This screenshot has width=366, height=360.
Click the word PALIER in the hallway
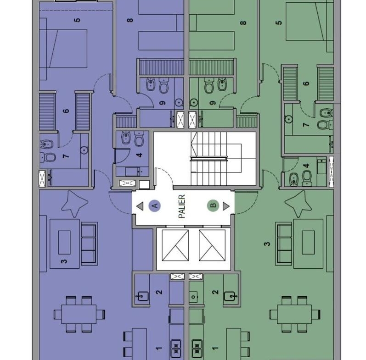(x=182, y=206)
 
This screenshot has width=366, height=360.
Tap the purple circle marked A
(x=154, y=205)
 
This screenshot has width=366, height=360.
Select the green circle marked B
(x=213, y=205)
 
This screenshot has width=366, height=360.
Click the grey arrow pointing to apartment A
(x=140, y=206)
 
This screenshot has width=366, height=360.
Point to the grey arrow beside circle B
(x=226, y=206)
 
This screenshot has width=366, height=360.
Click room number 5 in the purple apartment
(x=77, y=20)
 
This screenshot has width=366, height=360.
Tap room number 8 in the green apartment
(x=243, y=23)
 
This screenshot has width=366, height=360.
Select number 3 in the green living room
(x=267, y=244)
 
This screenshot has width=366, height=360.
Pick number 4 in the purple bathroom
(x=139, y=155)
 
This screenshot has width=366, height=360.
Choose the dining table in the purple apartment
(x=79, y=314)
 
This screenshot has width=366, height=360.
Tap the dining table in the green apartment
(x=294, y=314)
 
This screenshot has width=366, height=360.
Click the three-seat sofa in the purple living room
(x=89, y=244)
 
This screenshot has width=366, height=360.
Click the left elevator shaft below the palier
(x=175, y=245)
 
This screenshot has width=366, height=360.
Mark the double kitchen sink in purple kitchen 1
(x=176, y=349)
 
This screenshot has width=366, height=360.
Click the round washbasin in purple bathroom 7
(x=84, y=150)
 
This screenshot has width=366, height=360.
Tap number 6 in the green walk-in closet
(x=306, y=83)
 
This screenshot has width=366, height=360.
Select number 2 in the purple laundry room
(x=159, y=292)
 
